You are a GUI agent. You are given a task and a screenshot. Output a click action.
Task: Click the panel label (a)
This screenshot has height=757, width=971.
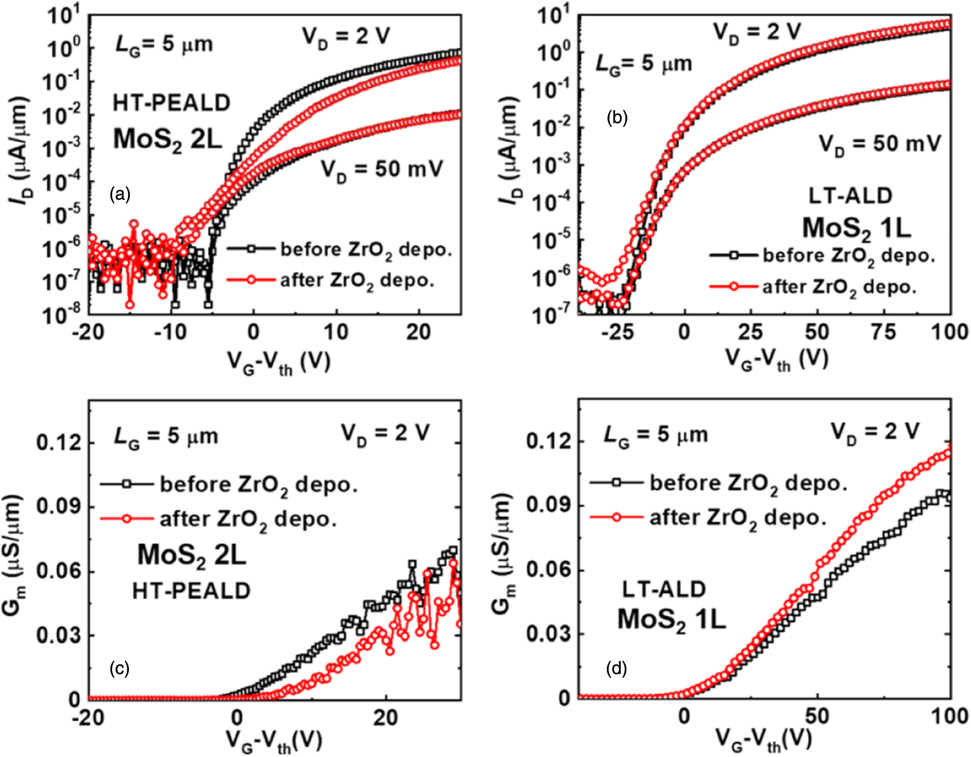120,194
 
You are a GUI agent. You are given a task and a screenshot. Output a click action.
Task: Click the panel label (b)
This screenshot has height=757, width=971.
617,117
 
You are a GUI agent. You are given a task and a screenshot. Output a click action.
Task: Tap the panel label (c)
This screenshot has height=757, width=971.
119,668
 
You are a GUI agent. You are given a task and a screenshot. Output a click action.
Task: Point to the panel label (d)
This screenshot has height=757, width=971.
617,668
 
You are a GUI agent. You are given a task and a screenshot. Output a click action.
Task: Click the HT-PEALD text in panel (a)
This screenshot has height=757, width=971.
172,103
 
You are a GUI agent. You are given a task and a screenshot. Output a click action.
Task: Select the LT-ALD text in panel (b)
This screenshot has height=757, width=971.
850,195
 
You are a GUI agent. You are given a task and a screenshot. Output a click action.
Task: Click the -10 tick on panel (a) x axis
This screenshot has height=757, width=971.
170,332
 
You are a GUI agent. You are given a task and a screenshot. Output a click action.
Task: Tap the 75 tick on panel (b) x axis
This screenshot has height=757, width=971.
883,332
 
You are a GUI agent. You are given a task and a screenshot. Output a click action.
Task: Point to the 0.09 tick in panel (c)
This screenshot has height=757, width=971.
58,506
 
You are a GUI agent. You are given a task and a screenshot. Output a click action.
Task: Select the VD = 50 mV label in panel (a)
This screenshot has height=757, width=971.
382,170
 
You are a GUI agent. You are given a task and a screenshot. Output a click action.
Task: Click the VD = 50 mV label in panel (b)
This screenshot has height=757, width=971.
880,144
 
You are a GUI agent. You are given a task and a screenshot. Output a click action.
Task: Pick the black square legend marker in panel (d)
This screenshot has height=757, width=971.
616,482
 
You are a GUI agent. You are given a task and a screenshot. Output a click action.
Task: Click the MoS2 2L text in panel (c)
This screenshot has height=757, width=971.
192,556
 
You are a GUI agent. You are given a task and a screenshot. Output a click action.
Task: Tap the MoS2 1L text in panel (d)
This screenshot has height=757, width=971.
671,620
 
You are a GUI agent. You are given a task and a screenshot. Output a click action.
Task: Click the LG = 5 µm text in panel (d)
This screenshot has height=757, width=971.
655,435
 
